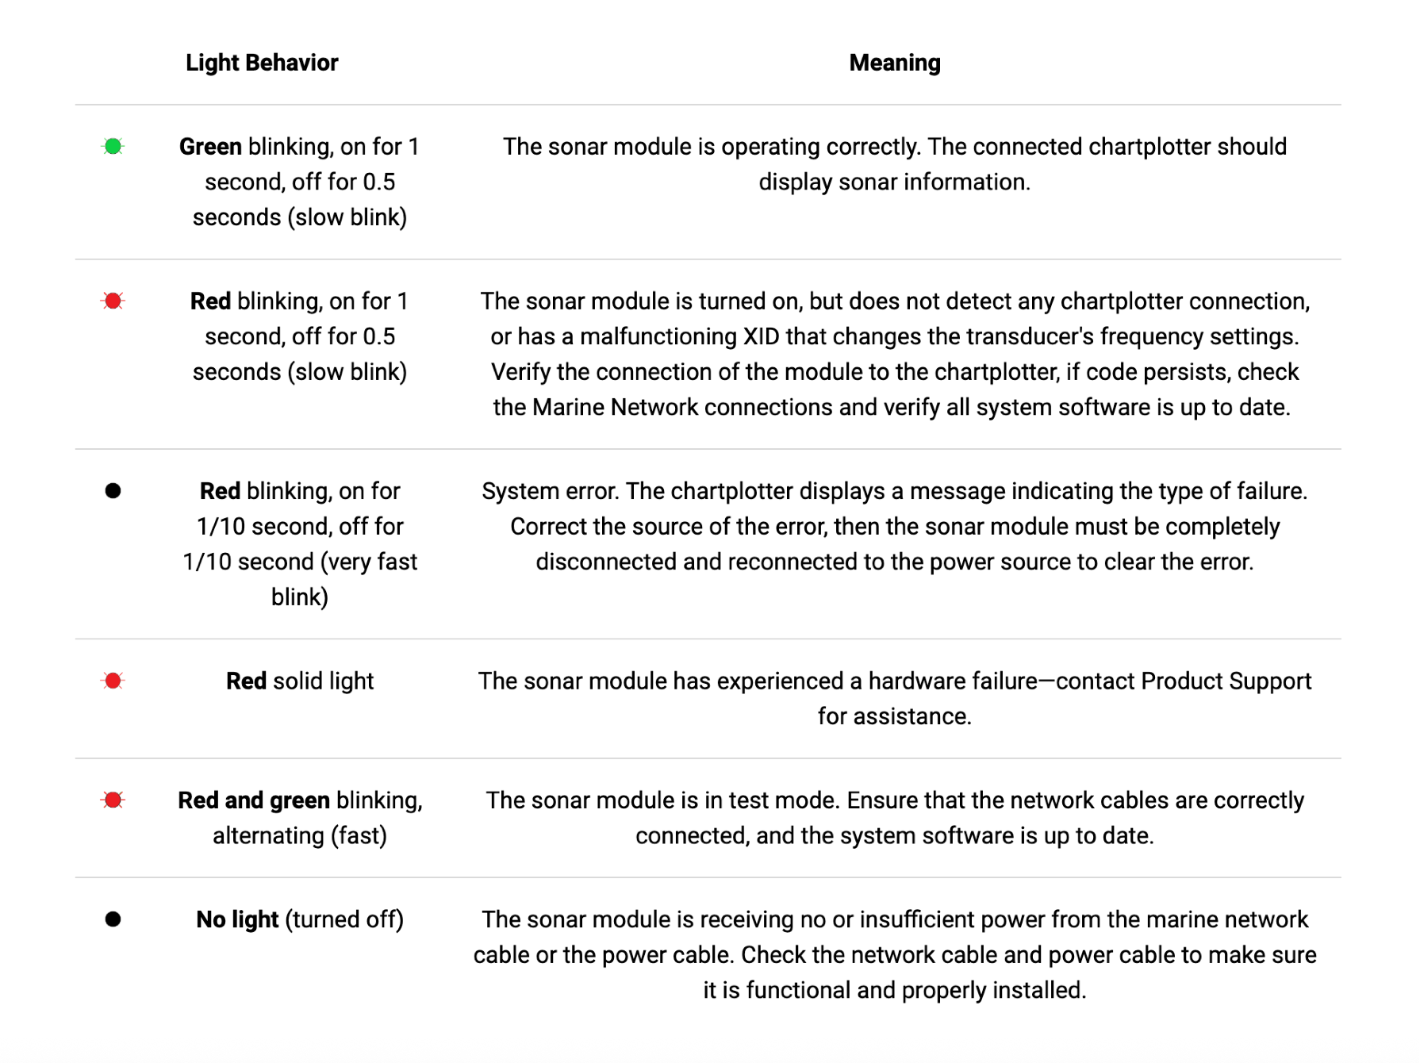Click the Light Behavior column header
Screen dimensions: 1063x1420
(262, 63)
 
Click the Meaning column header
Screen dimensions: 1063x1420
(894, 63)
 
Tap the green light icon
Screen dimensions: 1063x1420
(113, 147)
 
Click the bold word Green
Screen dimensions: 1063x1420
(210, 147)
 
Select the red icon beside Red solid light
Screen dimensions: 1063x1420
(113, 681)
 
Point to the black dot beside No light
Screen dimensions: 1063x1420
(113, 919)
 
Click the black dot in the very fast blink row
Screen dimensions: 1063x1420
(113, 491)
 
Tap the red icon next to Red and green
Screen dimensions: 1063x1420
(113, 800)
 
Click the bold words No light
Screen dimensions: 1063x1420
(237, 919)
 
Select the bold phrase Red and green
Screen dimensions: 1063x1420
(254, 800)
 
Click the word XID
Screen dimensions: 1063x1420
(761, 336)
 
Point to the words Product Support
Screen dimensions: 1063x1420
(1226, 681)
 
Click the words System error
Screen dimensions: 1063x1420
(549, 491)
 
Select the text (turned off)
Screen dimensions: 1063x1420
(344, 919)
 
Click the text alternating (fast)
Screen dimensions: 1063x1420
(300, 835)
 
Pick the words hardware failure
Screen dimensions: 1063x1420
(953, 681)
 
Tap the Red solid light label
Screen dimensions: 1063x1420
(300, 681)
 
